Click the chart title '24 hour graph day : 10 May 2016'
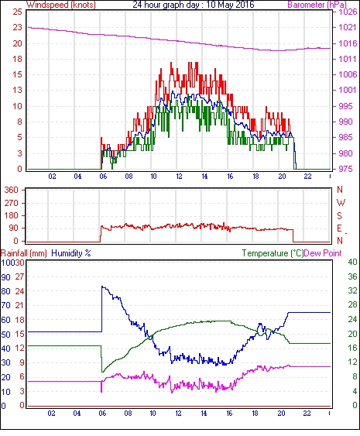(194, 5)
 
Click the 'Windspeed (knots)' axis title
(61, 5)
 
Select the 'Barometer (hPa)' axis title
(317, 5)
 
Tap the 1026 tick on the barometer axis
(348, 12)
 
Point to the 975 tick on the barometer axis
(346, 169)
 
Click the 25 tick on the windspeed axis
(17, 12)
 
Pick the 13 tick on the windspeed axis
(17, 90)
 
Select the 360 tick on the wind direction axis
(12, 191)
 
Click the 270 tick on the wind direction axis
(12, 203)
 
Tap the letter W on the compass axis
(341, 203)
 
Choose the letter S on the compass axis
(339, 215)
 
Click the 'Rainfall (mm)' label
(24, 253)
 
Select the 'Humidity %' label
(71, 253)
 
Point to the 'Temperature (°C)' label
(273, 253)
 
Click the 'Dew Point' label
(323, 253)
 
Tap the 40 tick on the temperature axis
(352, 263)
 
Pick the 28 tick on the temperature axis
(352, 305)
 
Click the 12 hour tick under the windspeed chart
(179, 177)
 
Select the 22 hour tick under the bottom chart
(307, 414)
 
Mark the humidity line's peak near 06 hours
(102, 286)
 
